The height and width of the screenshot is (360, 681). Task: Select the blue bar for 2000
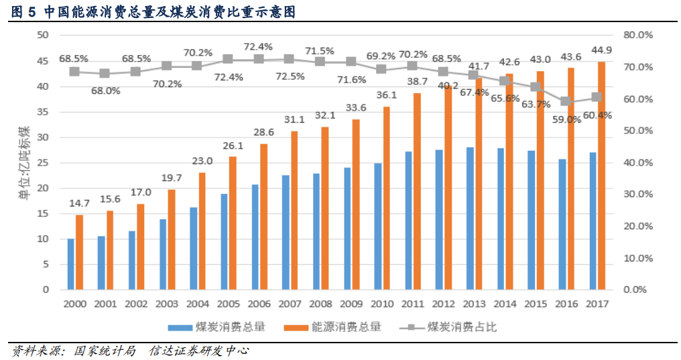click(x=70, y=264)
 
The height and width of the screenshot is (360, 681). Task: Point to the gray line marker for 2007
click(x=288, y=59)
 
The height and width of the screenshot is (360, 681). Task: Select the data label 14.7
click(x=80, y=203)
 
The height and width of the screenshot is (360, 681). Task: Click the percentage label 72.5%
click(x=289, y=76)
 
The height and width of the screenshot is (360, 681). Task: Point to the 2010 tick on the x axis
click(x=383, y=304)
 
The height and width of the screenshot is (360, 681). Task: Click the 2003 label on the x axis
click(x=167, y=304)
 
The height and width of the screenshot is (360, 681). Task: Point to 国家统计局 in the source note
click(x=105, y=351)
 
